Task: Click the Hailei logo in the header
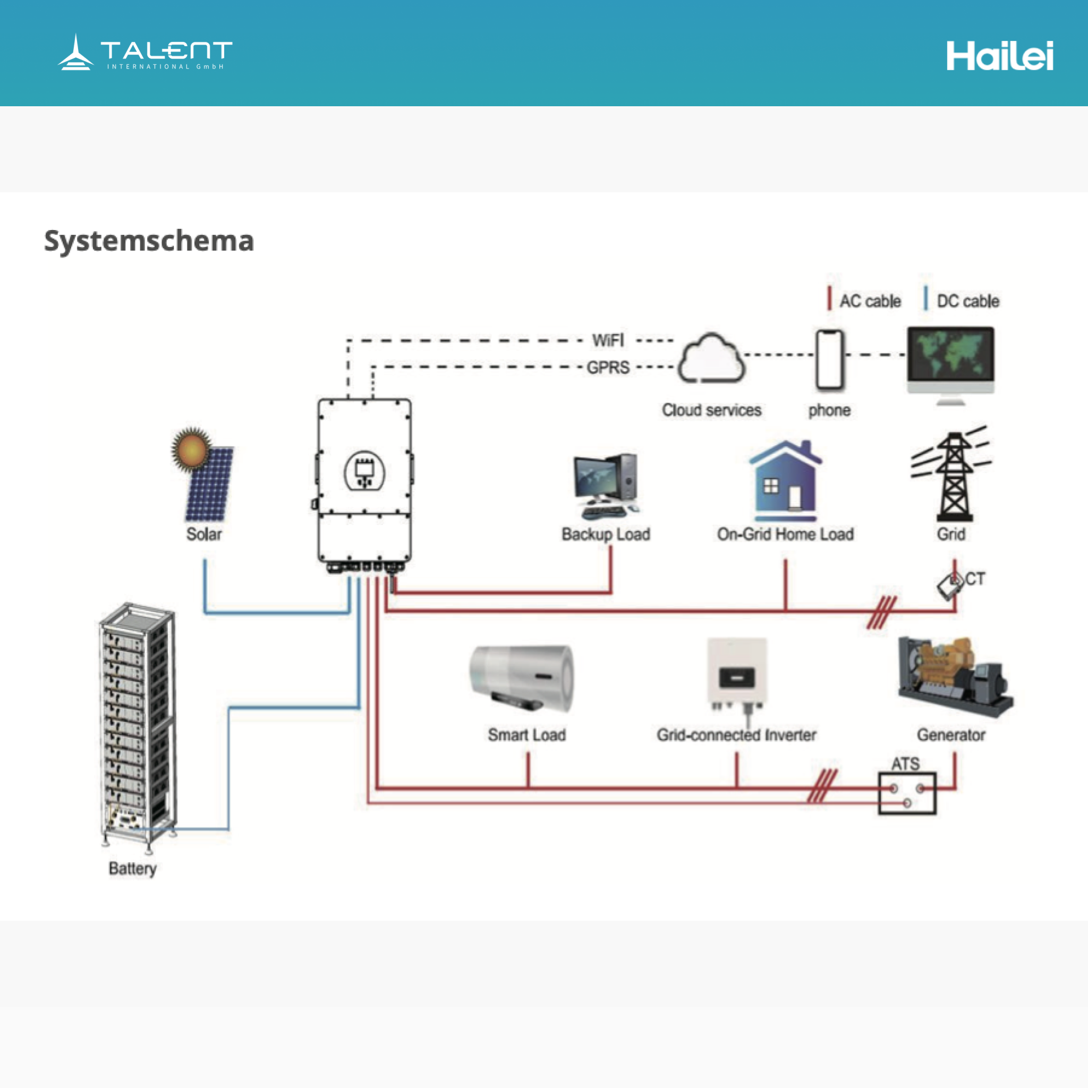coord(1000,56)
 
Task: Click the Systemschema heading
coord(149,241)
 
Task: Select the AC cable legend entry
coord(864,301)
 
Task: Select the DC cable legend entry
coord(963,301)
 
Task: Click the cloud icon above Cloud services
coord(712,359)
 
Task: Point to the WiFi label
coord(608,341)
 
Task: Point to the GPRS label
coord(608,368)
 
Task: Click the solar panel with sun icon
coord(204,475)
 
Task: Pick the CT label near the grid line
coord(975,579)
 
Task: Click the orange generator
coord(955,676)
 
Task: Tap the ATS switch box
coord(907,793)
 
